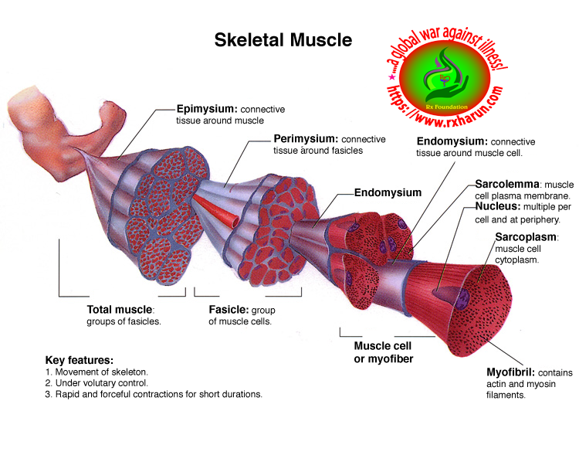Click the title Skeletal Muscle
[x=283, y=39]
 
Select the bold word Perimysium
[x=306, y=139]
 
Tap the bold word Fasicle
[x=228, y=309]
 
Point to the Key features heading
[x=80, y=360]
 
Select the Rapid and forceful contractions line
[x=154, y=394]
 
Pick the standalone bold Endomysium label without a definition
[x=388, y=192]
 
